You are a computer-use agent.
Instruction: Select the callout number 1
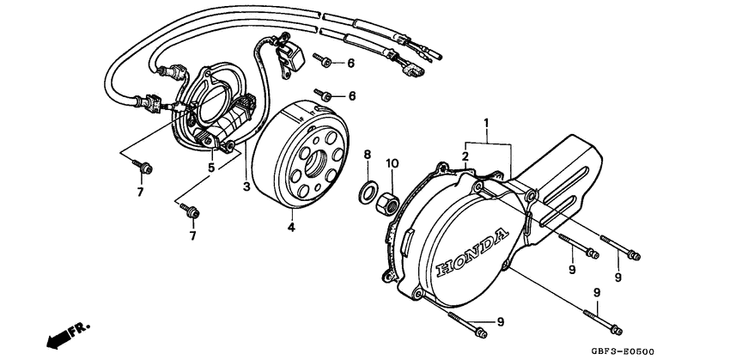(486, 125)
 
